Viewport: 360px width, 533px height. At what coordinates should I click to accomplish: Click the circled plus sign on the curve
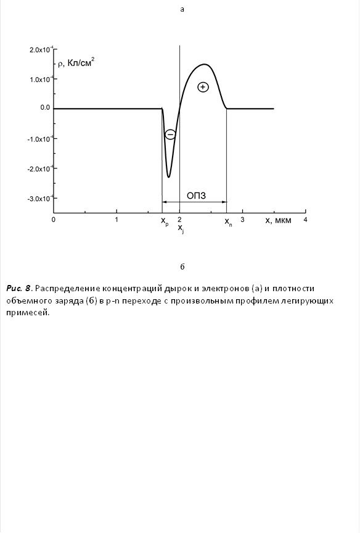[x=203, y=87]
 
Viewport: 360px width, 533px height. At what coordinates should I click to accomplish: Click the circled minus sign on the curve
[x=170, y=134]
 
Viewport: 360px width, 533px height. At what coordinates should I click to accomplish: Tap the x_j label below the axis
[x=181, y=228]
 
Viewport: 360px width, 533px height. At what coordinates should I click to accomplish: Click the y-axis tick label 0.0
[x=44, y=108]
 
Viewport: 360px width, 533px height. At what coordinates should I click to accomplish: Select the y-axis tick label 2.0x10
[x=40, y=49]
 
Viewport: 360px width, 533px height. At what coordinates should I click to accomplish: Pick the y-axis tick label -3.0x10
[x=39, y=199]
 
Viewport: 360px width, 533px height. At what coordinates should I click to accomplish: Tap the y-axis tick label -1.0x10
[x=39, y=139]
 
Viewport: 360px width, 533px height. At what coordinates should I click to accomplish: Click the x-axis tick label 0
[x=54, y=220]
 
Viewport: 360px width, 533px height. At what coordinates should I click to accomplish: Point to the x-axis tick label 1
[x=117, y=220]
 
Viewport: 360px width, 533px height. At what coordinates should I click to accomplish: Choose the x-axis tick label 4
[x=305, y=220]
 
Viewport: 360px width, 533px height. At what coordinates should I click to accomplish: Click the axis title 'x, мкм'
[x=278, y=220]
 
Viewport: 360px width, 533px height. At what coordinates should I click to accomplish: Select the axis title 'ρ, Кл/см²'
[x=76, y=63]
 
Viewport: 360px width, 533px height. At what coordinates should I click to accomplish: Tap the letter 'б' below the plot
[x=182, y=267]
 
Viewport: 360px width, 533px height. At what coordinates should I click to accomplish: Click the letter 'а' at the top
[x=182, y=9]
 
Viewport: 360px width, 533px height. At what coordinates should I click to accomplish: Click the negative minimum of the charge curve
[x=168, y=177]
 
